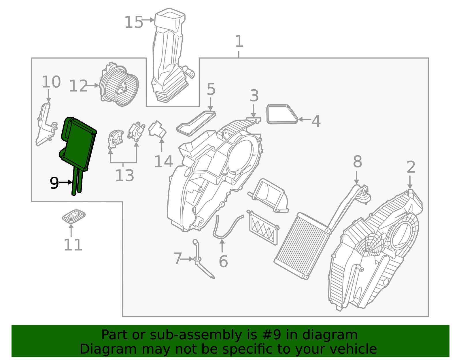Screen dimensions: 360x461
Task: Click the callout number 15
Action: pos(133,22)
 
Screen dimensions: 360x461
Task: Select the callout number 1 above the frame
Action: pos(239,42)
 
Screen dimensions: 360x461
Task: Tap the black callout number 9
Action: pos(54,183)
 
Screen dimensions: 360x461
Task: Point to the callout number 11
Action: pos(73,245)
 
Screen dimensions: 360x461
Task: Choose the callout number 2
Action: pos(411,167)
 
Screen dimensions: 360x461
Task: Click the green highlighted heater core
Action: pos(78,144)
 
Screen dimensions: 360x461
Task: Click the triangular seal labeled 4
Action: pos(282,114)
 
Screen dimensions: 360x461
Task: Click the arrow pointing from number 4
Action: pos(304,119)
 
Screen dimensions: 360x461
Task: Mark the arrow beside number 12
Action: pos(93,85)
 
